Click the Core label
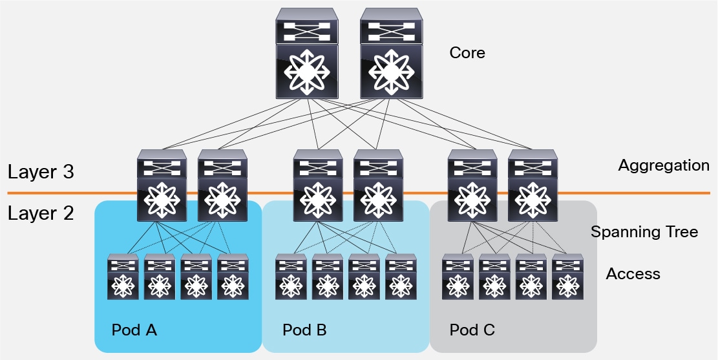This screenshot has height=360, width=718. [467, 52]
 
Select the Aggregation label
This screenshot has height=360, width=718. [663, 165]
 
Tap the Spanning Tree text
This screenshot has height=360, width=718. [644, 232]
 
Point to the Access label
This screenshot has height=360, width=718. [633, 274]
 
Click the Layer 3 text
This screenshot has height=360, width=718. [41, 172]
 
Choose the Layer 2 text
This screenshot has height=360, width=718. [41, 213]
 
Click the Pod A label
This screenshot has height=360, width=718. [134, 330]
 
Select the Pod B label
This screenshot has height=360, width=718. [304, 330]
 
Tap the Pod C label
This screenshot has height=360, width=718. [472, 330]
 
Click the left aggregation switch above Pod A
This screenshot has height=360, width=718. [162, 186]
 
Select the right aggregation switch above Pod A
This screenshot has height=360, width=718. [221, 186]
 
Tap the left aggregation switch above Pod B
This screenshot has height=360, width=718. [318, 186]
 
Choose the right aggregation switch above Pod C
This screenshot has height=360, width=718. [533, 186]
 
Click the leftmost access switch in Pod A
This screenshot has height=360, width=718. [123, 277]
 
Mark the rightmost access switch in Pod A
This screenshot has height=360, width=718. [233, 277]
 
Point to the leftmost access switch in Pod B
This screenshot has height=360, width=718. [291, 277]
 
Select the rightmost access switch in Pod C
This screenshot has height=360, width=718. [567, 277]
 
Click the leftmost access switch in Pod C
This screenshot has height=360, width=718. [458, 277]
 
